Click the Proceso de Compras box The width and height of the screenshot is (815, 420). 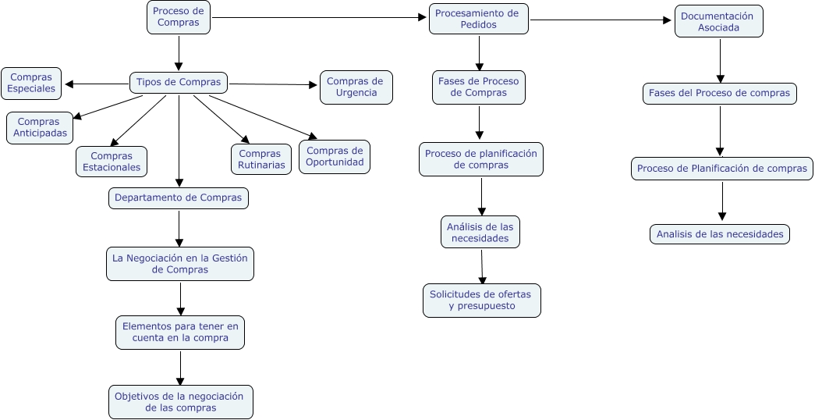coord(179,17)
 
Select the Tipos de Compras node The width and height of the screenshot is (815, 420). coord(179,82)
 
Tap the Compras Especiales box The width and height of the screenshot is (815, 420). coord(31,83)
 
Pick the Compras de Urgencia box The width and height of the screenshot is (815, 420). coord(356,87)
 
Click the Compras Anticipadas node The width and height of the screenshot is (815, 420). coord(39,128)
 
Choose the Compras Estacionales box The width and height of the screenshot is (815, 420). coord(112,162)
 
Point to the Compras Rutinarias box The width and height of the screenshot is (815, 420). coord(260,160)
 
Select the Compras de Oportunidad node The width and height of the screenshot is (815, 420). coord(335,156)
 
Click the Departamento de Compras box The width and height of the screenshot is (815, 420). coord(178,198)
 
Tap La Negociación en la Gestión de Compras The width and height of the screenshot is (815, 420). coord(180,264)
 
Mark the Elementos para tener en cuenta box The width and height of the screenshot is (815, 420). coord(180,332)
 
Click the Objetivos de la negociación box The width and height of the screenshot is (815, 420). coord(181,402)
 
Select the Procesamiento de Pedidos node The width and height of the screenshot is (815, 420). coord(478,19)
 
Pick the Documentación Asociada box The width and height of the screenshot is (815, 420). coord(718,22)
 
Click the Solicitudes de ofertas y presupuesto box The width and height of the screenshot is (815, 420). coord(481,301)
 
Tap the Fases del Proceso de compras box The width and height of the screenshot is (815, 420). coord(719,94)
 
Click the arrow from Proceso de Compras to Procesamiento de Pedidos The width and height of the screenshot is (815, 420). coord(320,18)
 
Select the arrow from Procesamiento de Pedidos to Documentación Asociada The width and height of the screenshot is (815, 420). coord(601,20)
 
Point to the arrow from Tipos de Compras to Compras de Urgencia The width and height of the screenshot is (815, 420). coord(273,84)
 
